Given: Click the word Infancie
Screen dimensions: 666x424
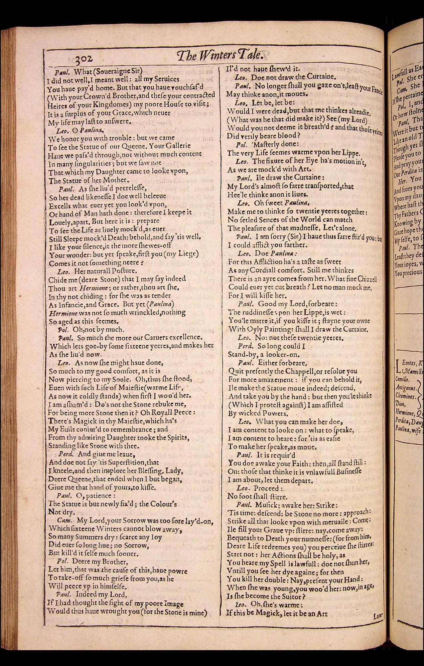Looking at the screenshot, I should (72, 304).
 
